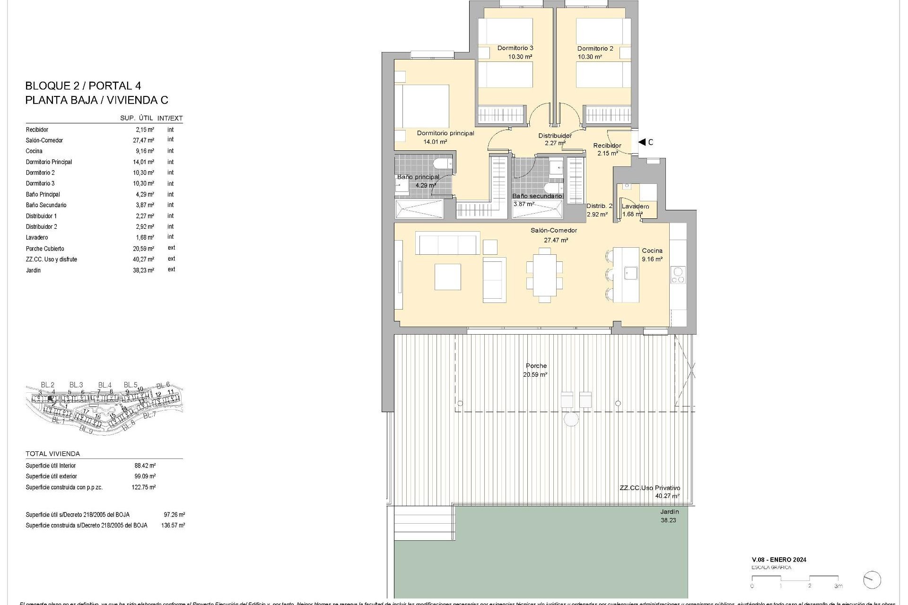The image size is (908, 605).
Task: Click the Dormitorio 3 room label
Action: tap(515, 48)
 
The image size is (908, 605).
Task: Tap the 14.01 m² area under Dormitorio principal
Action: tap(435, 142)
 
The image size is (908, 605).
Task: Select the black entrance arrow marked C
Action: tap(642, 142)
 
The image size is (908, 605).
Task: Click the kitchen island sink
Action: tap(630, 273)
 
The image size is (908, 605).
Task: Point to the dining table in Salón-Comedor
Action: tap(545, 275)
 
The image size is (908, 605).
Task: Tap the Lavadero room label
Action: tap(635, 207)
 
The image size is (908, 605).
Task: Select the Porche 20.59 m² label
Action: tap(535, 370)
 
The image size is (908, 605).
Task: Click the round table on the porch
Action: tap(571, 419)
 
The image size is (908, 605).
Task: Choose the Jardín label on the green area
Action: tap(669, 512)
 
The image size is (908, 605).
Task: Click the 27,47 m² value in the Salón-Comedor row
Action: tap(144, 140)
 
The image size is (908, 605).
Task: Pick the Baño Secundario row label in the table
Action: tap(46, 205)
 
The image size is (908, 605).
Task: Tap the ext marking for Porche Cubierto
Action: tap(171, 248)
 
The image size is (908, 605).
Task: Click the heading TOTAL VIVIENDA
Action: tap(52, 454)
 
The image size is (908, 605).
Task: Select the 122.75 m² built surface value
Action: tap(143, 487)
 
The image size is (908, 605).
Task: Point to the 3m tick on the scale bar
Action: tap(838, 586)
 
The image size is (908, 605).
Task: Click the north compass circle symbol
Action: tap(872, 580)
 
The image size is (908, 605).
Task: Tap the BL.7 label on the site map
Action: tap(149, 415)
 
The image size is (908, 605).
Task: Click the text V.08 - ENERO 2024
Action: tap(779, 560)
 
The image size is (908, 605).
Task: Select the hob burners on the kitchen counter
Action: tap(678, 275)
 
